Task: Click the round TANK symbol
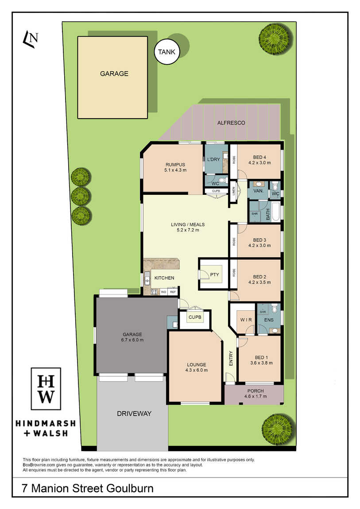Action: point(167,52)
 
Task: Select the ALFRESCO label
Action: point(231,123)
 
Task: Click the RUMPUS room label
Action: point(175,165)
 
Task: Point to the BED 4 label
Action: point(259,157)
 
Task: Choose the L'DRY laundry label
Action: point(213,159)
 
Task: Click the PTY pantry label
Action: point(215,274)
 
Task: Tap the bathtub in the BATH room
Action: point(275,212)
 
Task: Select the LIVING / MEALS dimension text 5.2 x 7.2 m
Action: point(188,230)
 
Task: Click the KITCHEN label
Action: point(164,278)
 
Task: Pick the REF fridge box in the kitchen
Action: point(173,292)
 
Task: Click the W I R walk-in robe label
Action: point(246,320)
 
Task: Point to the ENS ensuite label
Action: point(269,320)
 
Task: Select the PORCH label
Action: point(255,391)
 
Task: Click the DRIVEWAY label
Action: point(134,413)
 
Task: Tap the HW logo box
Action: point(46,389)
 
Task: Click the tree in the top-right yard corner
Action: point(274,39)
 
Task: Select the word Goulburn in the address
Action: point(130,488)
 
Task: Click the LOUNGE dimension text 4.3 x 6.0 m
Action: point(197,370)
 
